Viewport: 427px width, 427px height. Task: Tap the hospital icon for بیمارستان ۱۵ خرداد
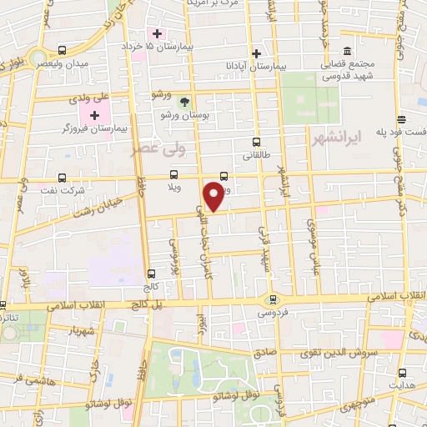[x=155, y=33]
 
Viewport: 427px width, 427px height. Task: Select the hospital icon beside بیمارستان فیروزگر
[x=94, y=114]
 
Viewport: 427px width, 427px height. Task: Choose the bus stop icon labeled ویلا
[x=173, y=174]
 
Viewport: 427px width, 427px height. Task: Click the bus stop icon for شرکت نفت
[x=64, y=177]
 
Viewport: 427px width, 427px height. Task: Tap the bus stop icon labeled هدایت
[x=404, y=371]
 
